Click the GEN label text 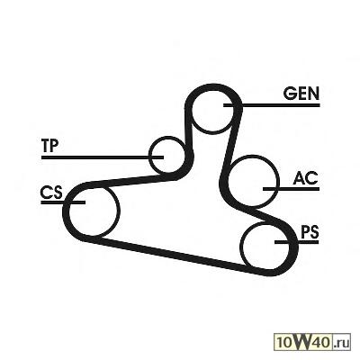301,94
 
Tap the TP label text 50,146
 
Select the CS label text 51,193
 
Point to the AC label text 305,178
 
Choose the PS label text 310,232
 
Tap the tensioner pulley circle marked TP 150,156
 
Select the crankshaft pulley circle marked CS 120,210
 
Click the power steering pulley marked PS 241,246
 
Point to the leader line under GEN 272,105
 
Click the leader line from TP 103,157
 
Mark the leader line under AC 291,189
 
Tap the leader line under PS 297,241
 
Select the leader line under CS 63,202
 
